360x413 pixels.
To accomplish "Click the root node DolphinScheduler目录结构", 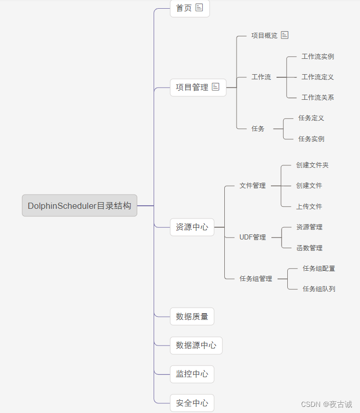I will pyautogui.click(x=79, y=206).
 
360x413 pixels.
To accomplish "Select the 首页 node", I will pyautogui.click(x=184, y=8).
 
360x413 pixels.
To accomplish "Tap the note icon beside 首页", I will pyautogui.click(x=199, y=8).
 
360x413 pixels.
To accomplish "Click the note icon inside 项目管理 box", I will pyautogui.click(x=216, y=87).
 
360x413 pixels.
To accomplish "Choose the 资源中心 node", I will pyautogui.click(x=192, y=227).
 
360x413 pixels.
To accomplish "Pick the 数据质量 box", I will pyautogui.click(x=192, y=316).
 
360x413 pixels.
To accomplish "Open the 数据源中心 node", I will pyautogui.click(x=196, y=345).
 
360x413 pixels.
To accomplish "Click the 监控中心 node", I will pyautogui.click(x=192, y=374).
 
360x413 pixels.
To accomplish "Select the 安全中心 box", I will pyautogui.click(x=192, y=403).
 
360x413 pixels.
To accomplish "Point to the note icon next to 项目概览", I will pyautogui.click(x=285, y=35).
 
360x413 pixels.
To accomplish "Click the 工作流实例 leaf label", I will pyautogui.click(x=317, y=56).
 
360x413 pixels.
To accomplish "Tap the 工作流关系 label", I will pyautogui.click(x=317, y=97).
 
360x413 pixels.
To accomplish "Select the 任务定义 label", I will pyautogui.click(x=311, y=118).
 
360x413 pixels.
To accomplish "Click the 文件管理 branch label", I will pyautogui.click(x=252, y=185).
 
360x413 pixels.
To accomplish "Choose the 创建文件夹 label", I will pyautogui.click(x=312, y=165).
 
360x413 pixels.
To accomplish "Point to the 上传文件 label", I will pyautogui.click(x=309, y=206).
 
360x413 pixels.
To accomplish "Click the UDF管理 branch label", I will pyautogui.click(x=252, y=237).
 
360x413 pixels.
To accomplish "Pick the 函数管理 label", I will pyautogui.click(x=309, y=248).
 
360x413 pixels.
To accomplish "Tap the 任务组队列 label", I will pyautogui.click(x=319, y=289).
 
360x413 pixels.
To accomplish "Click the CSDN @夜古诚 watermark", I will pyautogui.click(x=326, y=404).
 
